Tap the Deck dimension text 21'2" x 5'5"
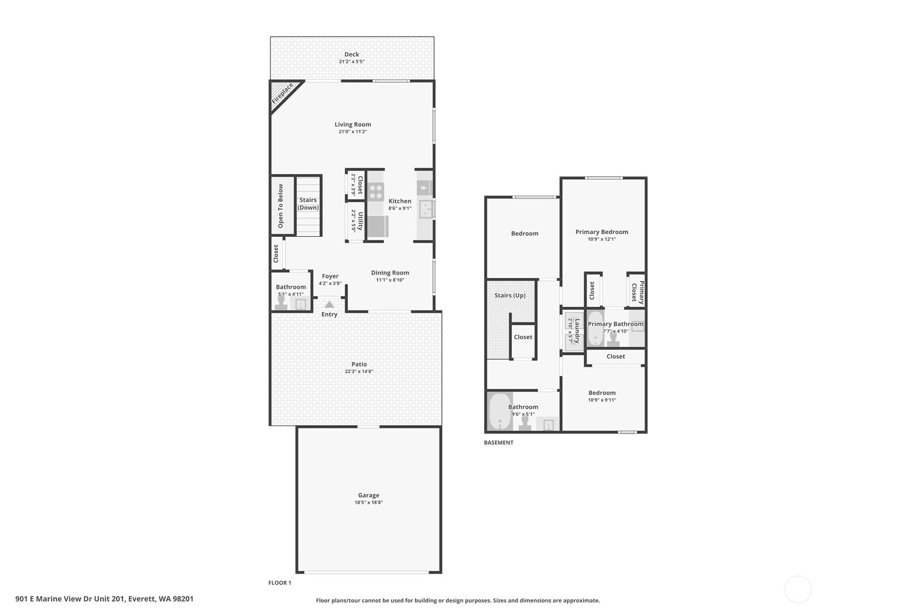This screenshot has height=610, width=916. (x=351, y=61)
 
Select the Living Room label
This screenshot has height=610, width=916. (x=352, y=124)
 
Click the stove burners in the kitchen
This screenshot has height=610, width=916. (x=376, y=191)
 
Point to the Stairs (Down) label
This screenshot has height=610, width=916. (x=308, y=203)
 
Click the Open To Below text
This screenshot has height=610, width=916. (x=280, y=205)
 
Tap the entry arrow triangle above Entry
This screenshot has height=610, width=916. (x=329, y=305)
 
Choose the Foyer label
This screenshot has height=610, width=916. (x=330, y=276)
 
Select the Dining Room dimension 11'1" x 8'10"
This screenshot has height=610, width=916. (x=390, y=280)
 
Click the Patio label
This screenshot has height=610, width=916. (x=359, y=364)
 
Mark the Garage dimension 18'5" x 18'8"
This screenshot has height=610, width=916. (x=369, y=502)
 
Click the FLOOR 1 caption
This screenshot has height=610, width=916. (x=280, y=582)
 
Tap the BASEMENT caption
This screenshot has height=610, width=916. (x=498, y=442)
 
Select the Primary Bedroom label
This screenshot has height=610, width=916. (x=601, y=232)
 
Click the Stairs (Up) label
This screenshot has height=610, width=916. (x=510, y=295)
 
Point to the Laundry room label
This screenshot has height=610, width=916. (x=577, y=331)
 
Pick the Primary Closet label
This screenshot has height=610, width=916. (x=637, y=291)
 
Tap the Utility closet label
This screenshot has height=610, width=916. (x=360, y=221)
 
